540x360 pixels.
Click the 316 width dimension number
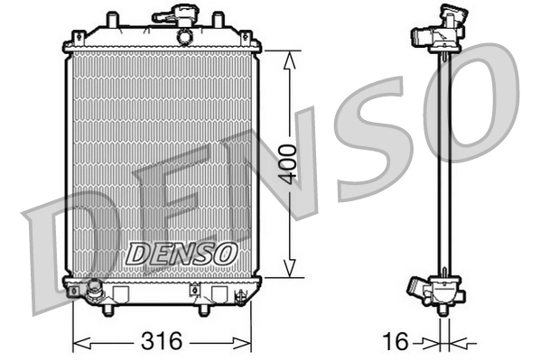tap(163, 341)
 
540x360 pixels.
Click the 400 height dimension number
tap(287, 163)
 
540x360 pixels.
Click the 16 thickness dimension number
tap(396, 341)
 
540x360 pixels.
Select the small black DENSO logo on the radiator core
tap(181, 254)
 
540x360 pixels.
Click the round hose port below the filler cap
tap(185, 37)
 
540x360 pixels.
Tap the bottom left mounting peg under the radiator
tap(108, 309)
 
